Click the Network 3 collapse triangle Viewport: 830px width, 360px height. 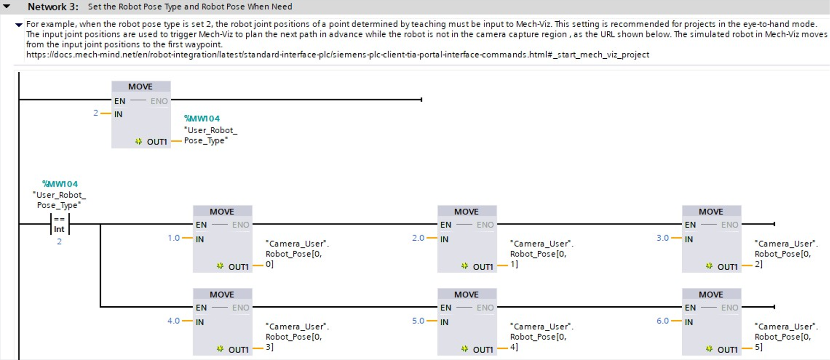pyautogui.click(x=7, y=6)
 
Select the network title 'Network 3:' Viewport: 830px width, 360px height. pyautogui.click(x=53, y=7)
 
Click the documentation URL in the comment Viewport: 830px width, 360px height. pyautogui.click(x=338, y=55)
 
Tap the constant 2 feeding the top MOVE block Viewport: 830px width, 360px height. pyautogui.click(x=95, y=113)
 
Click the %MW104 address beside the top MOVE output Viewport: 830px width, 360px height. pyautogui.click(x=202, y=118)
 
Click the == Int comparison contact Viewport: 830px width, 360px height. pyautogui.click(x=59, y=224)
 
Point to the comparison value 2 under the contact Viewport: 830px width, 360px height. pyautogui.click(x=59, y=242)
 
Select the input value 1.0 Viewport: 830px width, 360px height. pyautogui.click(x=174, y=238)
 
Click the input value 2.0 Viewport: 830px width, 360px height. pyautogui.click(x=418, y=238)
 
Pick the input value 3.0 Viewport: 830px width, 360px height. pyautogui.click(x=662, y=238)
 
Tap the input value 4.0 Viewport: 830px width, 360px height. pyautogui.click(x=174, y=321)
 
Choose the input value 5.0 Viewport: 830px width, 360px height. pyautogui.click(x=418, y=321)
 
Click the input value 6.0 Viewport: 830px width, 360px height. pyautogui.click(x=662, y=321)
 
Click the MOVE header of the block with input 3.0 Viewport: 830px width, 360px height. pyautogui.click(x=711, y=211)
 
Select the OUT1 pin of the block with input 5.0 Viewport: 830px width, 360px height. pyautogui.click(x=483, y=350)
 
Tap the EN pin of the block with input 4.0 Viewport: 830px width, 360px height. pyautogui.click(x=201, y=308)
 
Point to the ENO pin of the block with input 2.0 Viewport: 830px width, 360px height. pyautogui.click(x=485, y=225)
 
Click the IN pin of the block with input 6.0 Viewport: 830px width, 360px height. pyautogui.click(x=689, y=323)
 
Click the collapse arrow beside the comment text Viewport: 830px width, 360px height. pyautogui.click(x=19, y=25)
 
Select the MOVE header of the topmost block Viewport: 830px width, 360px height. pyautogui.click(x=140, y=86)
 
